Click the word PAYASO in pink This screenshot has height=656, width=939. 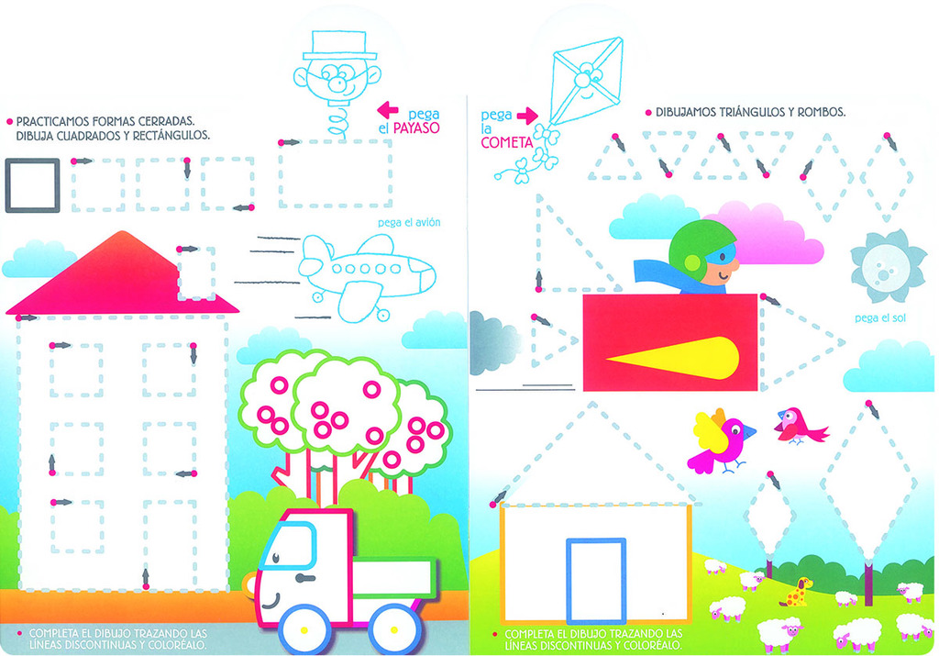point(416,128)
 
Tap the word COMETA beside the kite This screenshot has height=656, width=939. point(506,142)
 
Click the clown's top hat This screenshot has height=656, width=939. point(339,46)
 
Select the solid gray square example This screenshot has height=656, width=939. point(32,185)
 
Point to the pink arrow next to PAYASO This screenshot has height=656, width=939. point(388,109)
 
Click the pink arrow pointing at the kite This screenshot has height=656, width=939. point(527,116)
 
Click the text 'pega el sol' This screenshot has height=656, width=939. point(879,318)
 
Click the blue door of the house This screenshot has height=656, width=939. point(596,581)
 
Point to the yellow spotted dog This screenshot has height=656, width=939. point(798,592)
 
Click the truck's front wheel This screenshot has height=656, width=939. point(304,629)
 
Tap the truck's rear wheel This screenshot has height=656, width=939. point(394,629)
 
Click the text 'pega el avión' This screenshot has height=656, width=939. point(409,222)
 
